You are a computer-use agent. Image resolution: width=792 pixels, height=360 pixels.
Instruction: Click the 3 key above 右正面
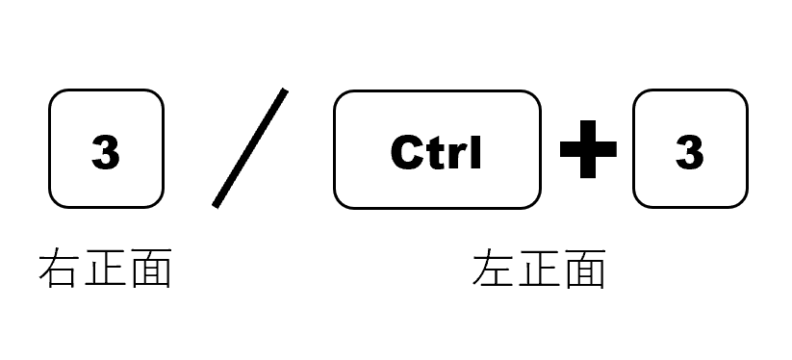pos(106,149)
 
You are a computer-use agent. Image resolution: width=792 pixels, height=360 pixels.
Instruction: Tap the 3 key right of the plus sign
pos(689,149)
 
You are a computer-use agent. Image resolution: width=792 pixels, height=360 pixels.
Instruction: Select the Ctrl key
pos(437,149)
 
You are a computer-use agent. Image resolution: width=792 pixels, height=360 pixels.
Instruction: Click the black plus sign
pos(587,151)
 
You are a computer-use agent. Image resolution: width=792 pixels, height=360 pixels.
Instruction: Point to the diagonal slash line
pos(249,148)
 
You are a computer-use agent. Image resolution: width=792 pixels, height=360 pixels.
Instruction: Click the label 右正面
pos(105,270)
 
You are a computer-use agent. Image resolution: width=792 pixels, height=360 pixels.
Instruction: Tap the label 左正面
pos(539,270)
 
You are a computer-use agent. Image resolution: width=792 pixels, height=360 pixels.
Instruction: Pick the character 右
pos(60,270)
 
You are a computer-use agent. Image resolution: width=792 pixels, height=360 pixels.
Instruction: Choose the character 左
pos(494,270)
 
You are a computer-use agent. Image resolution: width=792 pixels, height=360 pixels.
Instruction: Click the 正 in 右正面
pos(105,270)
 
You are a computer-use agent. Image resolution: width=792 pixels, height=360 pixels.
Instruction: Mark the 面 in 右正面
pos(150,270)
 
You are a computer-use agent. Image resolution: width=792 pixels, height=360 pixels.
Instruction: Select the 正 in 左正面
pos(539,270)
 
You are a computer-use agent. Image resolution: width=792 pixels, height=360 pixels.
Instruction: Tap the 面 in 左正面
pos(584,270)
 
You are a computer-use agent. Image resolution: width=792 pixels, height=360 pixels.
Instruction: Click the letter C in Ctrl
pos(407,152)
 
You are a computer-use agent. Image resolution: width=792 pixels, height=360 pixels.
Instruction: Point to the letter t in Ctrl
pos(435,152)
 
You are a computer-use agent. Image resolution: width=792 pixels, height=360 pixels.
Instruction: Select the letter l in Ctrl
pos(475,151)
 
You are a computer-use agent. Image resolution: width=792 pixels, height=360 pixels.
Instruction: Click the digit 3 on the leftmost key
pos(106,152)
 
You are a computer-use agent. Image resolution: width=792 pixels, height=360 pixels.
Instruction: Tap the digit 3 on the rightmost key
pos(689,152)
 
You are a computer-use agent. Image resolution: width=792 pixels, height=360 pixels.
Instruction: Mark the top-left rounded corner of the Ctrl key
pos(341,98)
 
